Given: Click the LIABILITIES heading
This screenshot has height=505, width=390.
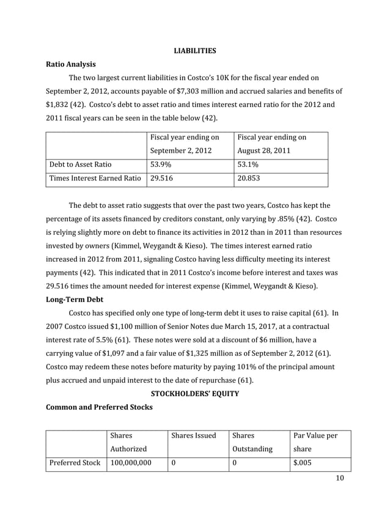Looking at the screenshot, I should click(x=194, y=51).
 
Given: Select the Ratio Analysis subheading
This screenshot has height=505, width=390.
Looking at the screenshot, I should click(x=70, y=64).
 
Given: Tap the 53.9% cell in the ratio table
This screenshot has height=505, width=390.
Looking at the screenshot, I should click(x=161, y=164).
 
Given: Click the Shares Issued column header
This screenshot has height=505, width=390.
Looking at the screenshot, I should click(x=194, y=436).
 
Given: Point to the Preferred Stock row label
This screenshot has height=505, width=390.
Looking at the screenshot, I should click(x=76, y=463).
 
